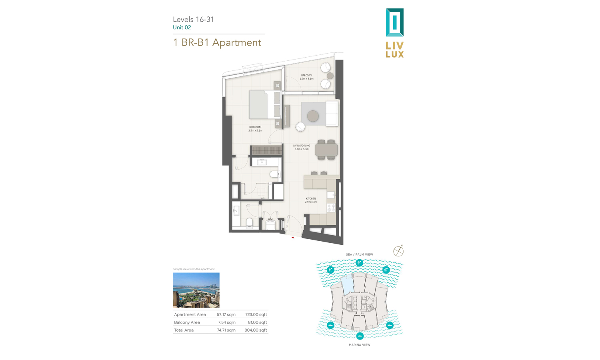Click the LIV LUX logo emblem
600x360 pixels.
(x=394, y=23)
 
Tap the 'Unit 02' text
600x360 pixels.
(x=182, y=28)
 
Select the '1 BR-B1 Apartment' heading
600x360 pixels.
(x=217, y=42)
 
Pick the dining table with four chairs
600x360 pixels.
(x=326, y=150)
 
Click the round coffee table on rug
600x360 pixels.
(x=313, y=116)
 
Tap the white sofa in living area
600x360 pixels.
(x=332, y=114)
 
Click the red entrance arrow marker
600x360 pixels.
(x=293, y=238)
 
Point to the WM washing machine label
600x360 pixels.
(x=270, y=219)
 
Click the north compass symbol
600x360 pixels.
(x=398, y=251)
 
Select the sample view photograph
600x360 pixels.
(x=196, y=290)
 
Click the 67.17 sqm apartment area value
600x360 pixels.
(x=226, y=315)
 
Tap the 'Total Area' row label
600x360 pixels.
(x=184, y=330)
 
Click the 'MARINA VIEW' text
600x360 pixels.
(x=359, y=345)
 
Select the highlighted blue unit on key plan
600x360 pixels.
(x=348, y=285)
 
